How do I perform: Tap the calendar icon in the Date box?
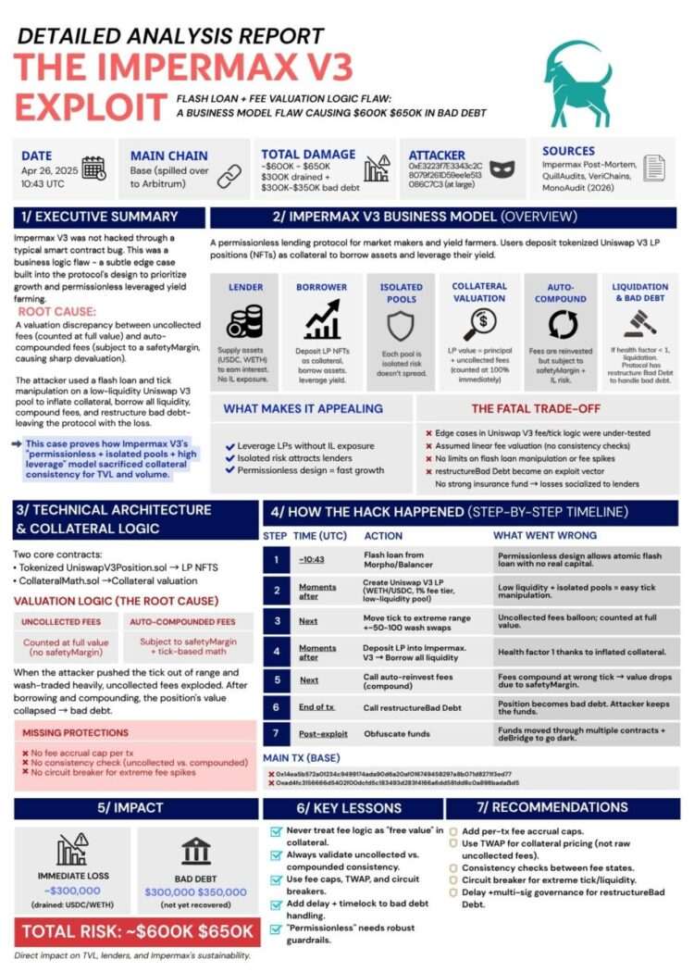93,168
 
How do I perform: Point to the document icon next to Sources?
653,168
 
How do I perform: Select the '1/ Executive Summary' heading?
97,217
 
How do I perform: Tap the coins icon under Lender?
245,320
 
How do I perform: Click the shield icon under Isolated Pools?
401,326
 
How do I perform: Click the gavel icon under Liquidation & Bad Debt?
639,321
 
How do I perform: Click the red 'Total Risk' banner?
137,930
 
